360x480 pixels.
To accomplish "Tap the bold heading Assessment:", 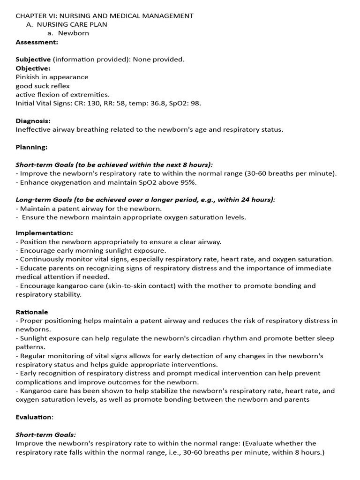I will [37, 42].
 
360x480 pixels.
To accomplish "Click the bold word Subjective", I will [33, 60].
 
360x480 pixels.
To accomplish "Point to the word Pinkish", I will [29, 77].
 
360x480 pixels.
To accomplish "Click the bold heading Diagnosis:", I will [33, 120].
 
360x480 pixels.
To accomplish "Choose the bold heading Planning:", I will [31, 147].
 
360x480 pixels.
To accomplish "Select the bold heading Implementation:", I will [45, 233].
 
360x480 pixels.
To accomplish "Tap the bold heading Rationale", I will [32, 312].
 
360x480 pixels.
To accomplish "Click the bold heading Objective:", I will [32, 68].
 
